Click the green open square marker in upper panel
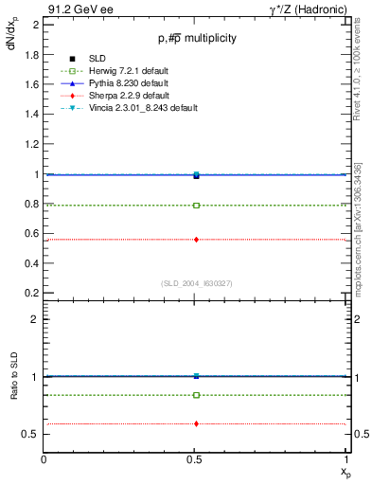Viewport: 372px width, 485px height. pos(196,205)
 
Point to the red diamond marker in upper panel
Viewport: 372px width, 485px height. pos(196,240)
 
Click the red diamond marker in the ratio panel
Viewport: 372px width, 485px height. pos(196,423)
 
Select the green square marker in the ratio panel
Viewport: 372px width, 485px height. pos(196,395)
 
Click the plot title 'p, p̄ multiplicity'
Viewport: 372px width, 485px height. pos(196,39)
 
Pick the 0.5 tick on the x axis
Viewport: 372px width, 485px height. pos(196,460)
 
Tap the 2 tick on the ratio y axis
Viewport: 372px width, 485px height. pos(36,320)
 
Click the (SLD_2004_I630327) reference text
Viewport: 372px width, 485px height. pos(197,282)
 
